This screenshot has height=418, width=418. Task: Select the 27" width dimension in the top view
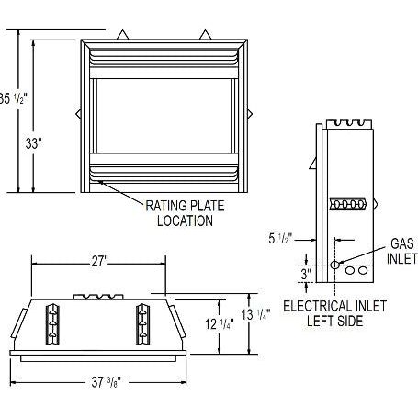point(99,261)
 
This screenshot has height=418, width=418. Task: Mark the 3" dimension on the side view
point(307,273)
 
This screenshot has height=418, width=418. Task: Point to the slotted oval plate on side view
point(349,203)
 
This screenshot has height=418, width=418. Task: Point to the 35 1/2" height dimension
point(6,97)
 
